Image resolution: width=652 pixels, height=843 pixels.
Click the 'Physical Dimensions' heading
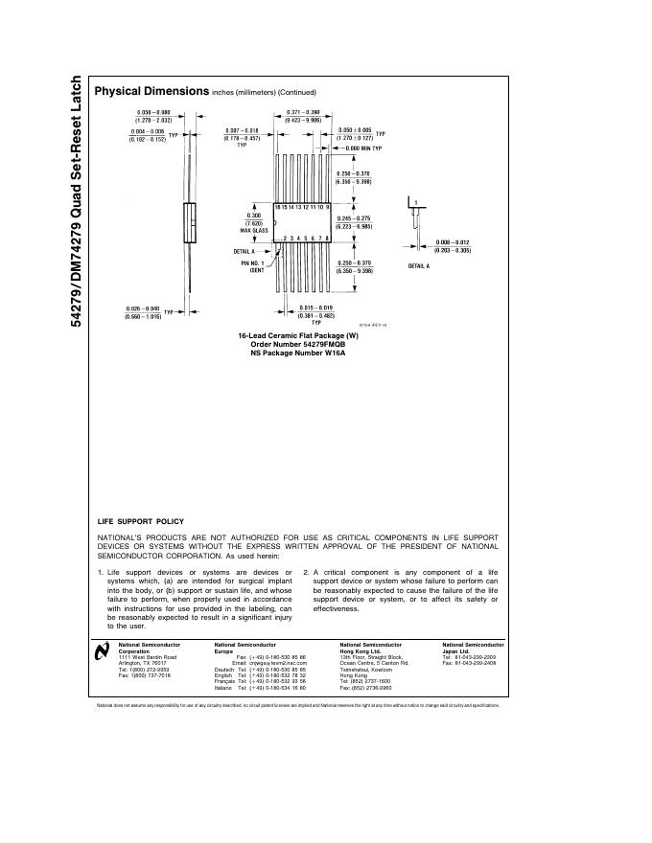(x=151, y=91)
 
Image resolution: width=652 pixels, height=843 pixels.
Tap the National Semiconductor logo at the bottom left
(x=104, y=653)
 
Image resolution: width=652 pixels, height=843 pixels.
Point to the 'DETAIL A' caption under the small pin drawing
(x=419, y=265)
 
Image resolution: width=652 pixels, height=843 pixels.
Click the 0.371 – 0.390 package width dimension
(x=303, y=117)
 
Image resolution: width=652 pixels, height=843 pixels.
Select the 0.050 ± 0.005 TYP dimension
(x=356, y=133)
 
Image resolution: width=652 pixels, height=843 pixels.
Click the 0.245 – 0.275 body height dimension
(x=354, y=222)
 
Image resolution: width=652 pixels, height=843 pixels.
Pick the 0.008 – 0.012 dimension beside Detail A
(x=453, y=245)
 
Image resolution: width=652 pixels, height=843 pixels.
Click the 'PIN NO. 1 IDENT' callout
(x=252, y=265)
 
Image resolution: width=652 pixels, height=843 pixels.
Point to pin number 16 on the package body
(x=278, y=207)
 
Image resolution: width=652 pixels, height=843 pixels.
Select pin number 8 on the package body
(x=328, y=237)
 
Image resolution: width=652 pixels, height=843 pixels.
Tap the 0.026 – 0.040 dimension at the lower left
(x=146, y=311)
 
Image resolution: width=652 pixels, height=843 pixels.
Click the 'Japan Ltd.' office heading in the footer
(x=457, y=650)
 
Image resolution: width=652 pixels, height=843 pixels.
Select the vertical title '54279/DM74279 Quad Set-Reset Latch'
(x=75, y=202)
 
